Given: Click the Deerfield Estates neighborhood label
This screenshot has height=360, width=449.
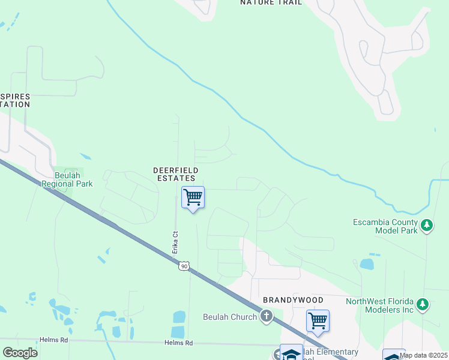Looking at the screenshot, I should point(176,174).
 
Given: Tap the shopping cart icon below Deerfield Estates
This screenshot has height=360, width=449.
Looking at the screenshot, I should point(193,197).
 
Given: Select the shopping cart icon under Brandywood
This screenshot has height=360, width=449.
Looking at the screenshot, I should point(318,320).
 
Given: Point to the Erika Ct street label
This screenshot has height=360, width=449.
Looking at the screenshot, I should point(176,242).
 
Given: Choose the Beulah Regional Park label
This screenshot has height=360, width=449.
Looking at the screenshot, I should point(67,179).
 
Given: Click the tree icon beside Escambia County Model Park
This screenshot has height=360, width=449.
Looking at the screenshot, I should point(427,226).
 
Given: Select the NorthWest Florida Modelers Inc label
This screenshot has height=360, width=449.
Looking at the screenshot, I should point(380,305).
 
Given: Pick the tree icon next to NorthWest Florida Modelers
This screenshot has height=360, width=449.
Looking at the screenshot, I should point(423,305).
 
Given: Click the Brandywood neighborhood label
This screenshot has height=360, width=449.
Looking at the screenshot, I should point(293,299).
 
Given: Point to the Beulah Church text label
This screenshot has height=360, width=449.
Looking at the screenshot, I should point(230,316).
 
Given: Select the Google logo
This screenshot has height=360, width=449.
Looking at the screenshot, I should point(20,352).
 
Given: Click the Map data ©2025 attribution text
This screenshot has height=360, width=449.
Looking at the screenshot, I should point(424,355).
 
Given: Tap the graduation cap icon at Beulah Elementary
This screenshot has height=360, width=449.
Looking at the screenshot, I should point(291,354).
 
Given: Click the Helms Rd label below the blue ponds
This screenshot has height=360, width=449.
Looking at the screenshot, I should point(178,343).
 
